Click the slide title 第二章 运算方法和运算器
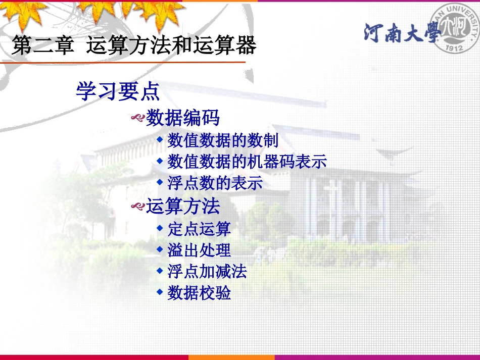134,45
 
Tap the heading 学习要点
118,92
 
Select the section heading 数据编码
183,118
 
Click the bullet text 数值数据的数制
223,140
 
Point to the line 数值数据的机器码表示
247,162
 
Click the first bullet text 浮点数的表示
215,183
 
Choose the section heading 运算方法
183,206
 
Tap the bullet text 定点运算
199,229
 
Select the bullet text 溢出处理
199,250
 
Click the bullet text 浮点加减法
207,272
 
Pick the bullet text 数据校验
199,293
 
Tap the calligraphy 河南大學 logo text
399,33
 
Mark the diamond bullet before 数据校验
160,291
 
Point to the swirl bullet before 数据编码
138,119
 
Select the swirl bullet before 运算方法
138,207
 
